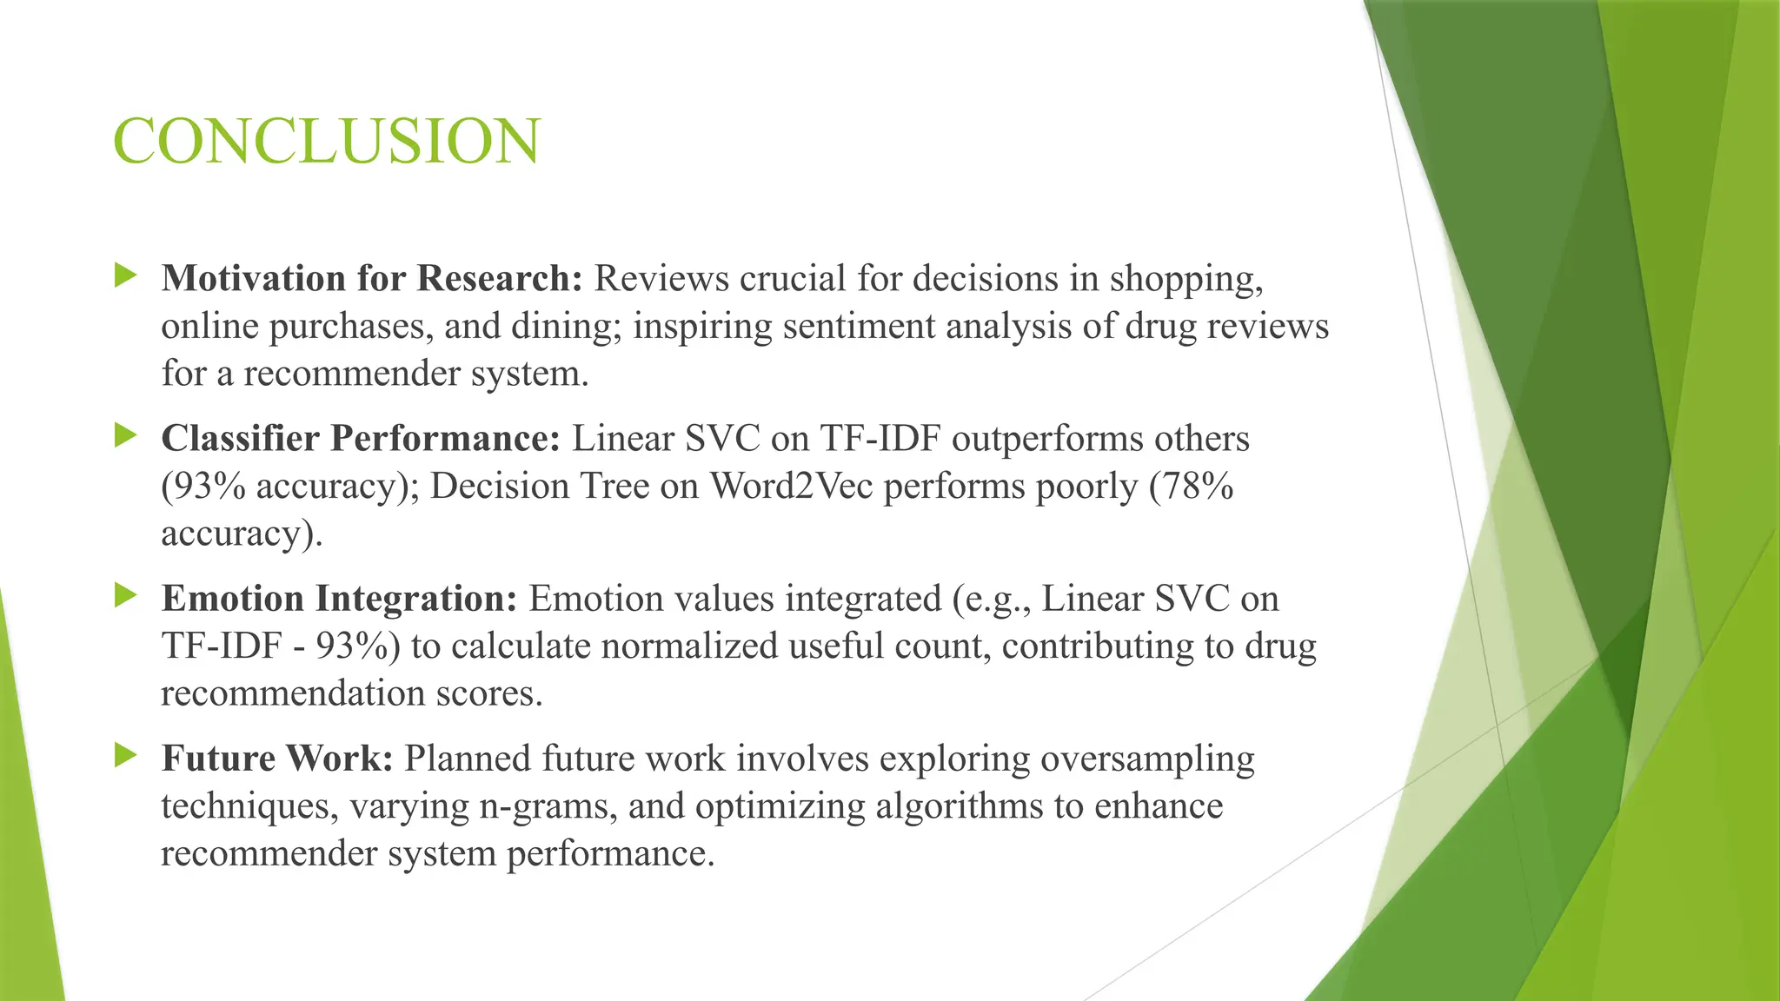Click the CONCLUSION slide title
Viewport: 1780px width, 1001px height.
click(x=327, y=142)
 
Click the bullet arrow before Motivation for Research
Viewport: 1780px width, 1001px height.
click(x=126, y=277)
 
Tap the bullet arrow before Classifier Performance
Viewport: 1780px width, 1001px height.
click(x=126, y=436)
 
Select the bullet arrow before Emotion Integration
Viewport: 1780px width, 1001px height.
click(x=126, y=596)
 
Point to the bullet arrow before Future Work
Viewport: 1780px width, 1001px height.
click(x=126, y=756)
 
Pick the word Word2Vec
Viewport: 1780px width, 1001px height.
click(x=791, y=486)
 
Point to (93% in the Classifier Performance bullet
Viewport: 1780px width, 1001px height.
click(x=204, y=486)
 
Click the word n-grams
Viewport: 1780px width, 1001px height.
click(x=548, y=807)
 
